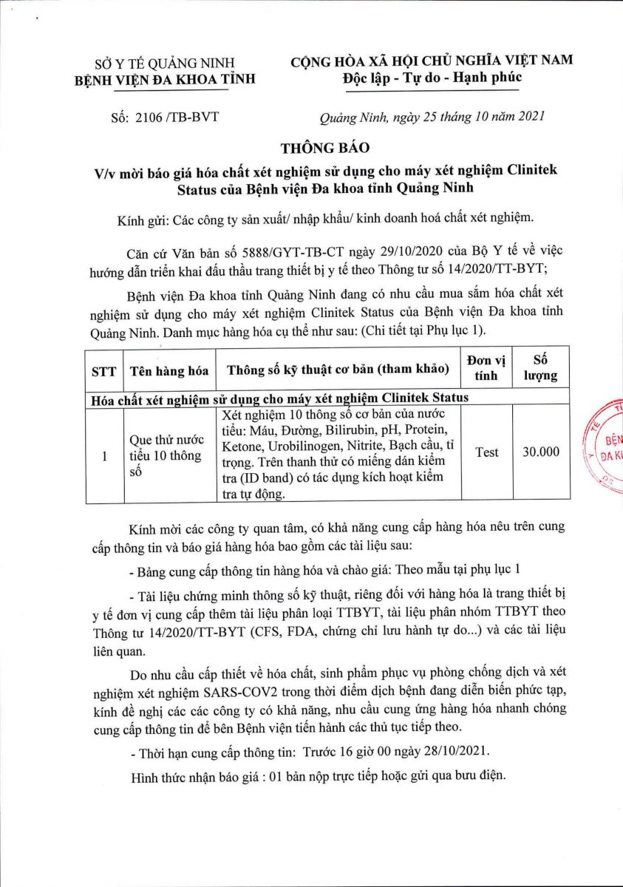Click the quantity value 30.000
click(540, 452)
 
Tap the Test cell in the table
click(486, 452)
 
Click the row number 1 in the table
click(104, 456)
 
